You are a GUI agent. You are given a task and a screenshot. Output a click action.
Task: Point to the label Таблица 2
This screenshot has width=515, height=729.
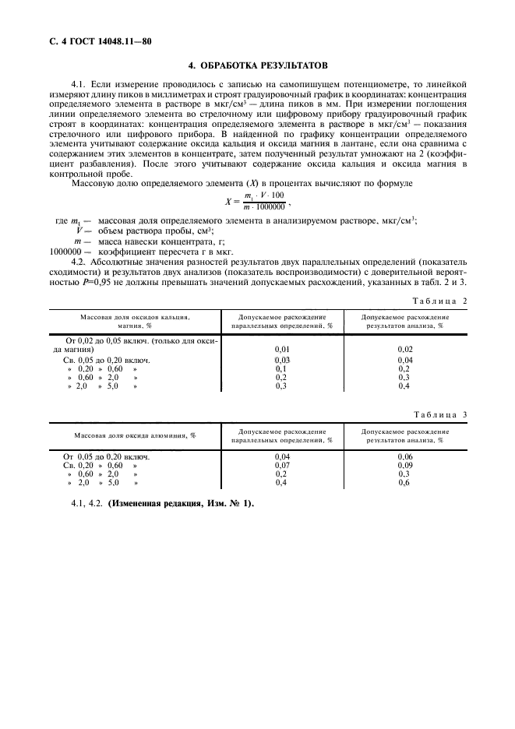pyautogui.click(x=439, y=300)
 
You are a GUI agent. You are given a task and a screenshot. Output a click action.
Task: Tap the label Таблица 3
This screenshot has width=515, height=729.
pyautogui.click(x=439, y=414)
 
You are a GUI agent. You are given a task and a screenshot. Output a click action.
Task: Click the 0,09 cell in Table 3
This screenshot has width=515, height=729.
pyautogui.click(x=404, y=465)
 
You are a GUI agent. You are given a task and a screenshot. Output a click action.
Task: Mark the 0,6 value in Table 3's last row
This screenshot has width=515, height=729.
pyautogui.click(x=404, y=483)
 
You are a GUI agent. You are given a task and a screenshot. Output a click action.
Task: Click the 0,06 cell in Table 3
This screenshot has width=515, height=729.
pyautogui.click(x=404, y=456)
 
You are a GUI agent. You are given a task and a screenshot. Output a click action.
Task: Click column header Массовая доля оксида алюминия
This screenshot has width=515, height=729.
pyautogui.click(x=134, y=435)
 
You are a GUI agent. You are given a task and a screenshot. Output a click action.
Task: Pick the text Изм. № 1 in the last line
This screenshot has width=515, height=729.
pyautogui.click(x=231, y=503)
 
